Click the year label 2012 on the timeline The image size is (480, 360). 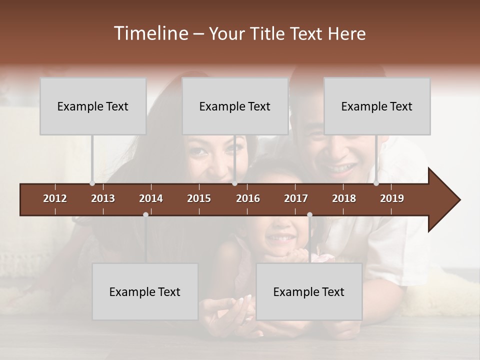(x=55, y=198)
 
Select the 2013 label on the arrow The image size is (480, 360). (x=103, y=198)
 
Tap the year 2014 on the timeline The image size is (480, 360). (x=151, y=198)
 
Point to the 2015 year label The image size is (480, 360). (x=199, y=198)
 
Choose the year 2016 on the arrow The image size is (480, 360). (x=248, y=198)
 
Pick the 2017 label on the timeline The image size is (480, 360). (x=296, y=198)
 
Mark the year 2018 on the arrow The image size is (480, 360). (x=344, y=198)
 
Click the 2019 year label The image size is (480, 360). (x=392, y=198)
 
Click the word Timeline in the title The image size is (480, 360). (x=149, y=33)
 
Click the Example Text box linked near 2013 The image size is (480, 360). (x=93, y=106)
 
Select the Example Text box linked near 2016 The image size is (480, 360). (x=235, y=106)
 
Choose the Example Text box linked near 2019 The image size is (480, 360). (x=377, y=106)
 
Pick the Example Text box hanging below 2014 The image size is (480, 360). (x=145, y=291)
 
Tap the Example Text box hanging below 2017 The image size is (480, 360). (x=309, y=291)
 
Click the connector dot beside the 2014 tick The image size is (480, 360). (x=145, y=214)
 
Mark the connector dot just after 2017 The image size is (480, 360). (x=309, y=214)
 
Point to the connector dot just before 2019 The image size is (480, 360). (x=376, y=183)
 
